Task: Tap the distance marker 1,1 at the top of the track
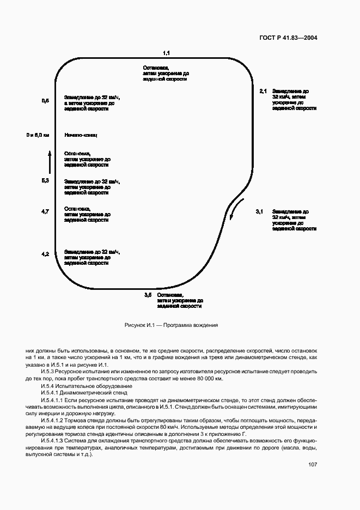click(167, 53)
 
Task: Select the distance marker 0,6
click(45, 101)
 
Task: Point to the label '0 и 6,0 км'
click(38, 135)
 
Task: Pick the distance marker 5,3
click(45, 180)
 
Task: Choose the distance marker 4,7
click(45, 211)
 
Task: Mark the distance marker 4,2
click(45, 254)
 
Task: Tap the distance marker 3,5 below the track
click(148, 295)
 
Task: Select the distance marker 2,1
click(263, 91)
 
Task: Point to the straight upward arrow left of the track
click(48, 162)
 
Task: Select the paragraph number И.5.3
click(50, 372)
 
